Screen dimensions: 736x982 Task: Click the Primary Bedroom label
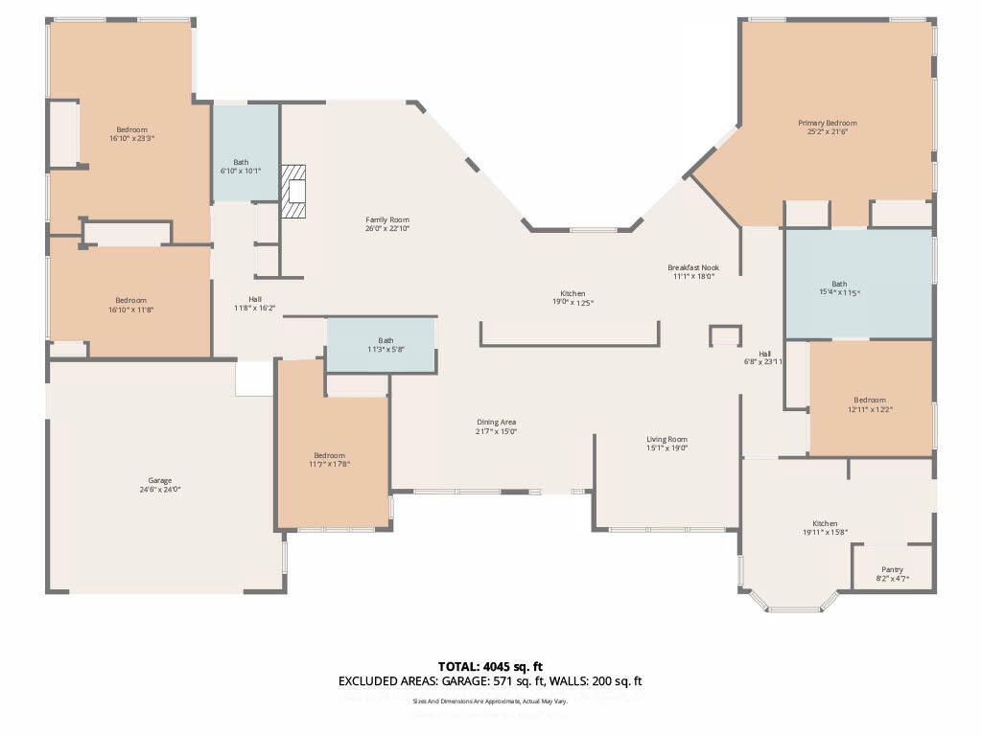827,123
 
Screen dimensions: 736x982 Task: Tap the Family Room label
386,220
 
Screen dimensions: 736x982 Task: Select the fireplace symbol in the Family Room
294,191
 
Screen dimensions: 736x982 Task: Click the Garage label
159,481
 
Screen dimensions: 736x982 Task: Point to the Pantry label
892,569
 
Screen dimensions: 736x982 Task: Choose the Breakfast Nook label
693,267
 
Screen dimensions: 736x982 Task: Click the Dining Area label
497,423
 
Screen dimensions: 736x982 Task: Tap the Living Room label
666,440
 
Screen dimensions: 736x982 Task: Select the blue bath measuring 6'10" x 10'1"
245,153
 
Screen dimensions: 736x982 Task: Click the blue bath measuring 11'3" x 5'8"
382,345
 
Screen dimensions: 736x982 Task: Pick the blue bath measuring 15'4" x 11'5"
858,284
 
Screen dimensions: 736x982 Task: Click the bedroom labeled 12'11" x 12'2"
870,400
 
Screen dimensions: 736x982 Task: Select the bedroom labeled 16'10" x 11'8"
130,300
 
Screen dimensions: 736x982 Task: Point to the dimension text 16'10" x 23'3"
131,139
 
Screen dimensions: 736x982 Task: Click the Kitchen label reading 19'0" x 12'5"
573,294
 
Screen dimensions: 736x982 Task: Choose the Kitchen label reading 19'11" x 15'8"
825,524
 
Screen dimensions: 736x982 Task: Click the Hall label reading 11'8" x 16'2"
254,299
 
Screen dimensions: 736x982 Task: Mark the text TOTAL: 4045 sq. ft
490,666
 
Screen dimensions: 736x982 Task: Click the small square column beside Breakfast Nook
725,335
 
